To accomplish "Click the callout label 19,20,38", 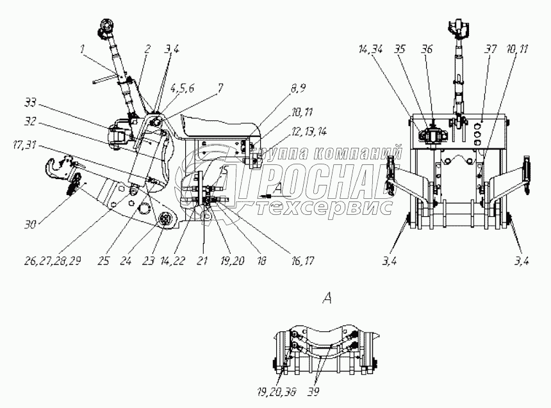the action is [267, 389].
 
